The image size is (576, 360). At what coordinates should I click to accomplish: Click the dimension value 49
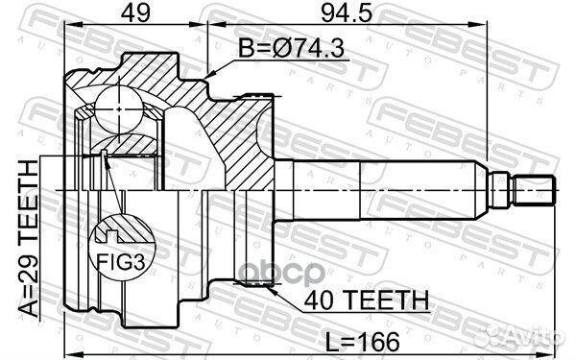pos(135,13)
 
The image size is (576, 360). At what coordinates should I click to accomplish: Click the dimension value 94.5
pos(347,13)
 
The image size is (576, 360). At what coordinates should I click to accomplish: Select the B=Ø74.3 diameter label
pos(291,48)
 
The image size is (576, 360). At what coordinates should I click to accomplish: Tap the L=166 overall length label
pos(363,342)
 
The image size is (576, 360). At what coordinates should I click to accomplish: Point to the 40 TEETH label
pos(367,300)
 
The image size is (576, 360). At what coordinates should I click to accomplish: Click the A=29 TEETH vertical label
pos(29,239)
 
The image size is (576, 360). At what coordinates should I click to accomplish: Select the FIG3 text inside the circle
pos(121,262)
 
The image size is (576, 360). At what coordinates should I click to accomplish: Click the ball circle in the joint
pos(119,109)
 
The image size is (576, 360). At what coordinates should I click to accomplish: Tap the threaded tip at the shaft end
pos(534,190)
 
